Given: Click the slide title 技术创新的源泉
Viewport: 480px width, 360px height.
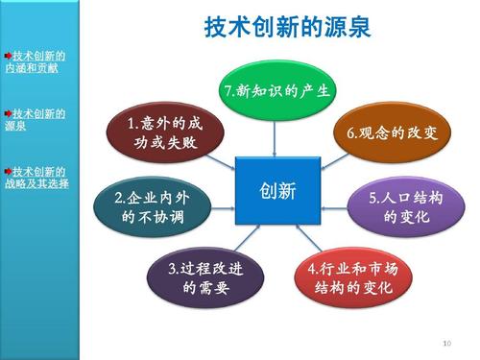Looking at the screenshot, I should pyautogui.click(x=287, y=27).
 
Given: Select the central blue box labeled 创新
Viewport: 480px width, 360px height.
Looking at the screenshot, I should pyautogui.click(x=276, y=190).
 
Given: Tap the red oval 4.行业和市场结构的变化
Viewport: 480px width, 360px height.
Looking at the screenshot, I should pyautogui.click(x=352, y=277).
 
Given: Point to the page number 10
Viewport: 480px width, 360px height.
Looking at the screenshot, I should pyautogui.click(x=445, y=343).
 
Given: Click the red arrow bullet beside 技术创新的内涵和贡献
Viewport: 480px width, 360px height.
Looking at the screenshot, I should pyautogui.click(x=8, y=57).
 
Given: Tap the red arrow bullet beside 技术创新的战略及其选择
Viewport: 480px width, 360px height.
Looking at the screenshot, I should pyautogui.click(x=8, y=170).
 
